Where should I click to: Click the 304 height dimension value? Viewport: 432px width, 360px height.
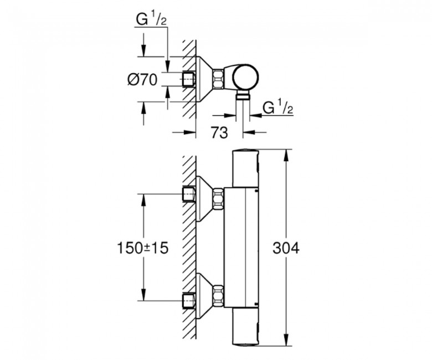pyautogui.click(x=286, y=248)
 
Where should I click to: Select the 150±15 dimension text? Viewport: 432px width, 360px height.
pyautogui.click(x=143, y=248)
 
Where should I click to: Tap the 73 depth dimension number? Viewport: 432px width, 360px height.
pyautogui.click(x=219, y=132)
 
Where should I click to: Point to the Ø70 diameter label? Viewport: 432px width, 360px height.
pyautogui.click(x=142, y=80)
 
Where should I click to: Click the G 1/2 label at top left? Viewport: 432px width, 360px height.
pyautogui.click(x=151, y=20)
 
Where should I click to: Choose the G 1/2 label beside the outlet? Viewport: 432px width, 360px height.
pyautogui.click(x=277, y=107)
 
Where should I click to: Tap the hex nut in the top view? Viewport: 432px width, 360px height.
pyautogui.click(x=218, y=79)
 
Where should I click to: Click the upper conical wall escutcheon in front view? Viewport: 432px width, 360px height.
pyautogui.click(x=204, y=198)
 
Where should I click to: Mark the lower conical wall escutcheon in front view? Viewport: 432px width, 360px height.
pyautogui.click(x=204, y=296)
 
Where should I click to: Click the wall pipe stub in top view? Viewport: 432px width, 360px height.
pyautogui.click(x=189, y=80)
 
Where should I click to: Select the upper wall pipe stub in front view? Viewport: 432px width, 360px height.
pyautogui.click(x=189, y=194)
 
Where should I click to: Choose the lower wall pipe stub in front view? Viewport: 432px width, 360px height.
pyautogui.click(x=189, y=301)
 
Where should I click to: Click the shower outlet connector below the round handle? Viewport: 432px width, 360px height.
pyautogui.click(x=243, y=96)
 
